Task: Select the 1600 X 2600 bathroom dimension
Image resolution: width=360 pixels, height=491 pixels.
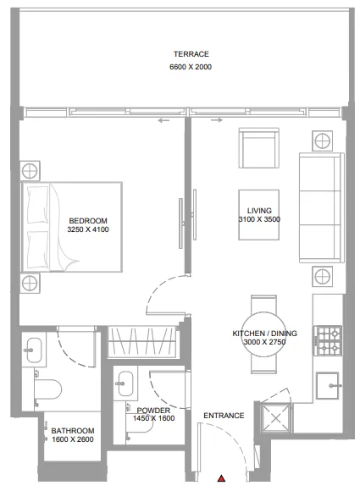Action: click(72, 439)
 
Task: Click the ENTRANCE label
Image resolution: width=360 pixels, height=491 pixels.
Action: click(224, 416)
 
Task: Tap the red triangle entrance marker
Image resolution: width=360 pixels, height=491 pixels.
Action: click(222, 479)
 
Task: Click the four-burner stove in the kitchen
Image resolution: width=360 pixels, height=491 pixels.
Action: click(328, 340)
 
